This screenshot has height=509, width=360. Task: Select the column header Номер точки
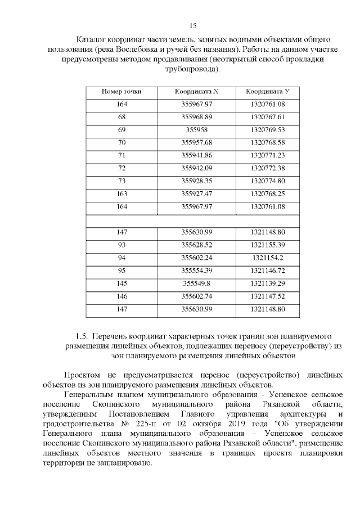(121, 91)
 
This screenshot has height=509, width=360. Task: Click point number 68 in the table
(121, 117)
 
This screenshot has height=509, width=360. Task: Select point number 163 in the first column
(121, 193)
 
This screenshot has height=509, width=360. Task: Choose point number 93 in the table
(121, 245)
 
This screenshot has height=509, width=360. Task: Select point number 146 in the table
(121, 296)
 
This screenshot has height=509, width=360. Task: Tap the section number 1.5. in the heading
(83, 336)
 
